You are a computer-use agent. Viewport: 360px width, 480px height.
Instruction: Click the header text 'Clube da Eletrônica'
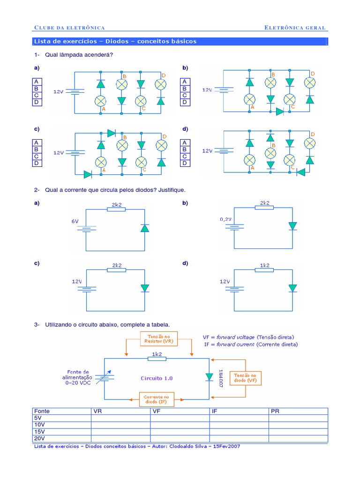click(x=69, y=28)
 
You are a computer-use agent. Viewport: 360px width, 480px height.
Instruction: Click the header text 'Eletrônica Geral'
click(x=295, y=28)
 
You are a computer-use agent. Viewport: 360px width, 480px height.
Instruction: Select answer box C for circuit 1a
click(x=36, y=95)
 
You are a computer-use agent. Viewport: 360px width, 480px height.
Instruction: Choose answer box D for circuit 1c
click(x=36, y=163)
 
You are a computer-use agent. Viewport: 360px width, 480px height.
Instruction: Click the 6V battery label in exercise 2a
click(x=75, y=221)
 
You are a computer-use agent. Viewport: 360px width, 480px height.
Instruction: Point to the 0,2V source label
click(x=226, y=219)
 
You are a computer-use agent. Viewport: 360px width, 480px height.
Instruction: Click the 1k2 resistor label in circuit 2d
click(x=265, y=265)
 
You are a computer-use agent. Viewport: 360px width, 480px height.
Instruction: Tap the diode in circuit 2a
click(x=145, y=228)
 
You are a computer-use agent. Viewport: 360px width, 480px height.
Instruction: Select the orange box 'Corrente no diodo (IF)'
click(x=156, y=399)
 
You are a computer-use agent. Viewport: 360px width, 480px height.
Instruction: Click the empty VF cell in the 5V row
click(x=180, y=418)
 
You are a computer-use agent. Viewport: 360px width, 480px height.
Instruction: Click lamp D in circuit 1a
click(x=160, y=84)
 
